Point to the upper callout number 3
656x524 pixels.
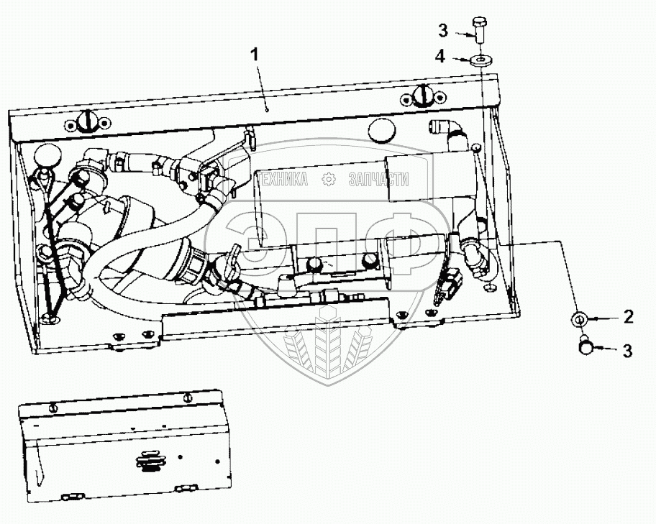click(x=444, y=30)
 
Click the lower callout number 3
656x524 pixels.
click(x=627, y=351)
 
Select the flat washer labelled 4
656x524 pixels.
click(x=480, y=59)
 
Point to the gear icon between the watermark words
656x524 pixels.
click(x=329, y=180)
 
